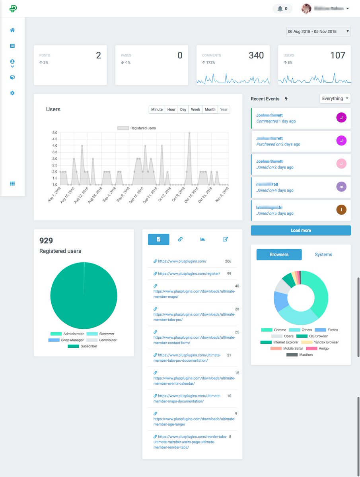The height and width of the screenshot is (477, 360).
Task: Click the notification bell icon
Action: point(280,8)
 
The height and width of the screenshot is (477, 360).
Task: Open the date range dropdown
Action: point(318,31)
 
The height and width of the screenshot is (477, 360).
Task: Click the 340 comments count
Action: point(256,56)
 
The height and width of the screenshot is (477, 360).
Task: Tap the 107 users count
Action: point(338,56)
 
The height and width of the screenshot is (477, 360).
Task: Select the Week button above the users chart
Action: point(195,109)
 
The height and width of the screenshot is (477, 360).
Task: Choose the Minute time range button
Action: point(157,109)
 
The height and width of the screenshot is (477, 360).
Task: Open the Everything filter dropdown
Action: point(335,99)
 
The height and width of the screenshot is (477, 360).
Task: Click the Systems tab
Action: point(323,254)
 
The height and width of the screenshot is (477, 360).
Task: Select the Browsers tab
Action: point(279,254)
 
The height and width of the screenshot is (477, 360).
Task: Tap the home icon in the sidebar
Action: point(12,30)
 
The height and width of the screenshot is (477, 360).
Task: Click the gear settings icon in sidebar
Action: point(12,93)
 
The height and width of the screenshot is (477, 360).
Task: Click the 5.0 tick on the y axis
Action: point(55,133)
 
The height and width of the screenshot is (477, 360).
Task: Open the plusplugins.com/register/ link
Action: point(189,273)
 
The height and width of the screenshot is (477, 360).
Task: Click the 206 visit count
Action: point(228,261)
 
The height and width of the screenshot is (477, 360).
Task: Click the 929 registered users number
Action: point(46,240)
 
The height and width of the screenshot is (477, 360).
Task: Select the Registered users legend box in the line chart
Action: point(123,128)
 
